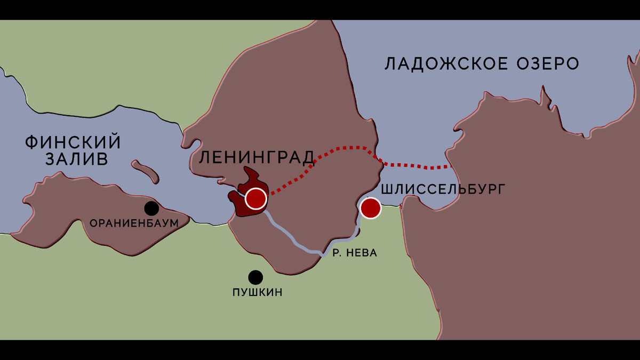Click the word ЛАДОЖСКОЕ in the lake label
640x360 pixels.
[x=444, y=64]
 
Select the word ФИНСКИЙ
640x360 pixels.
[x=73, y=142]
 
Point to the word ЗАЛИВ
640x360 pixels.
[x=77, y=159]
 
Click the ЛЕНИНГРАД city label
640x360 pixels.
[x=257, y=158]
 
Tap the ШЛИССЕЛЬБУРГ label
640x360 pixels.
[x=442, y=189]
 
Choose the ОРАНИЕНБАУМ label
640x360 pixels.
[x=134, y=223]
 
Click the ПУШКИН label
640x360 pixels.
[x=257, y=292]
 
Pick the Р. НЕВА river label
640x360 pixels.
[x=355, y=253]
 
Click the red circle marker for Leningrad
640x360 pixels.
[x=256, y=198]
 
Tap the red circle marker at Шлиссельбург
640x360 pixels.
[x=370, y=208]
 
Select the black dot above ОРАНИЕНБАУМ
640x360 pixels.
[x=151, y=208]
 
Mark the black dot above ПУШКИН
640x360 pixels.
[x=255, y=277]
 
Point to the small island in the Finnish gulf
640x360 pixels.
[x=145, y=171]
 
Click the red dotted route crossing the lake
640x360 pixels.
[x=416, y=165]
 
